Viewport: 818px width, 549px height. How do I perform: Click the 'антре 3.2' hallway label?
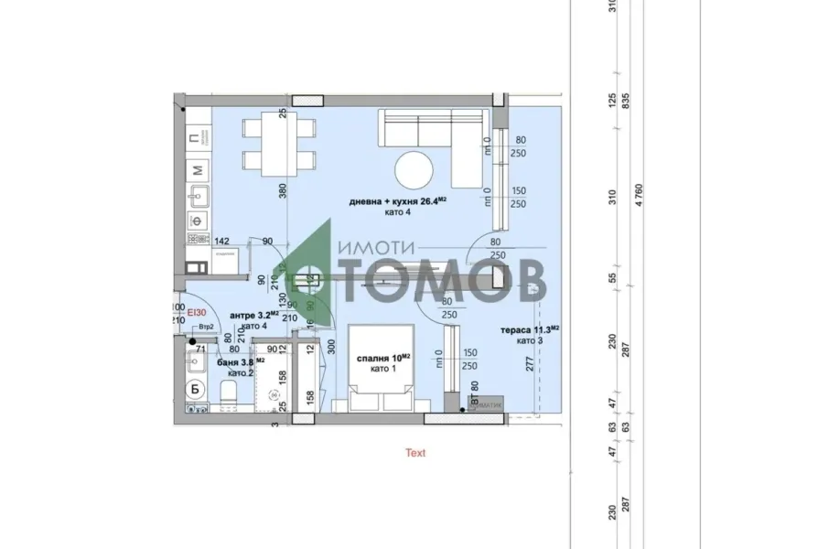(x=248, y=316)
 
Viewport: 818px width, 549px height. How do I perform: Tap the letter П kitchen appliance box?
(x=195, y=138)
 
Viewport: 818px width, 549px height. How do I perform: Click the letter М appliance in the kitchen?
(x=196, y=168)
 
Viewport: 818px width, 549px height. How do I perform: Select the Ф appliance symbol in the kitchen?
(x=196, y=221)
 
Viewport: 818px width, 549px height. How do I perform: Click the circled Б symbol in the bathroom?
(x=193, y=389)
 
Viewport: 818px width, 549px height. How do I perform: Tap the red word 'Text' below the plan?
(x=415, y=452)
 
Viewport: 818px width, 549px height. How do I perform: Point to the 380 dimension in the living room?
(x=283, y=190)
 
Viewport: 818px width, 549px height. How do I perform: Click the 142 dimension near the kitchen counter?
(x=221, y=242)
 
